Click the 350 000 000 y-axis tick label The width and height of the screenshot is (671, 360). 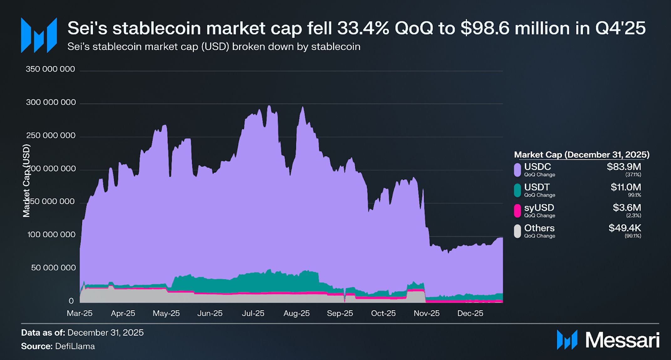pyautogui.click(x=50, y=69)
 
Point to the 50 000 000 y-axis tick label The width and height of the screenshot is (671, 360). pyautogui.click(x=53, y=268)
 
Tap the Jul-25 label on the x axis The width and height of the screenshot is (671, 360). pyautogui.click(x=253, y=313)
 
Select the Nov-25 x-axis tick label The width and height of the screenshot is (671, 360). pyautogui.click(x=427, y=313)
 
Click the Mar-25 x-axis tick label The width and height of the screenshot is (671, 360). pyautogui.click(x=80, y=313)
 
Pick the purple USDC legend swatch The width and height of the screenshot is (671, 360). pyautogui.click(x=518, y=170)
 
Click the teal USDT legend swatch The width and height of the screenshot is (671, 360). pyautogui.click(x=518, y=190)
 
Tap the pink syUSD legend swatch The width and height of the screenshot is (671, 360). pyautogui.click(x=518, y=211)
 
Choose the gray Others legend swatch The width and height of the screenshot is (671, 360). pyautogui.click(x=518, y=231)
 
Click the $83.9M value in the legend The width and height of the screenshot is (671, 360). pyautogui.click(x=624, y=167)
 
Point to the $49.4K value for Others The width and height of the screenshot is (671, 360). pyautogui.click(x=625, y=228)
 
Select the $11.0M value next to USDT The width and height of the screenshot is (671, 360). pyautogui.click(x=626, y=187)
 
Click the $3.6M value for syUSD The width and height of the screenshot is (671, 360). pyautogui.click(x=627, y=208)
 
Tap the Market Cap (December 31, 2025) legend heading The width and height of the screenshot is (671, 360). pyautogui.click(x=582, y=155)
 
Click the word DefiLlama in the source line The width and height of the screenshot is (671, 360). pyautogui.click(x=75, y=346)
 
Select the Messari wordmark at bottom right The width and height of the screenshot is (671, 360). pyautogui.click(x=622, y=340)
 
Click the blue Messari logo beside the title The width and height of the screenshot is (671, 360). pyautogui.click(x=39, y=35)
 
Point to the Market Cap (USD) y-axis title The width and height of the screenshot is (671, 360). pyautogui.click(x=26, y=181)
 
